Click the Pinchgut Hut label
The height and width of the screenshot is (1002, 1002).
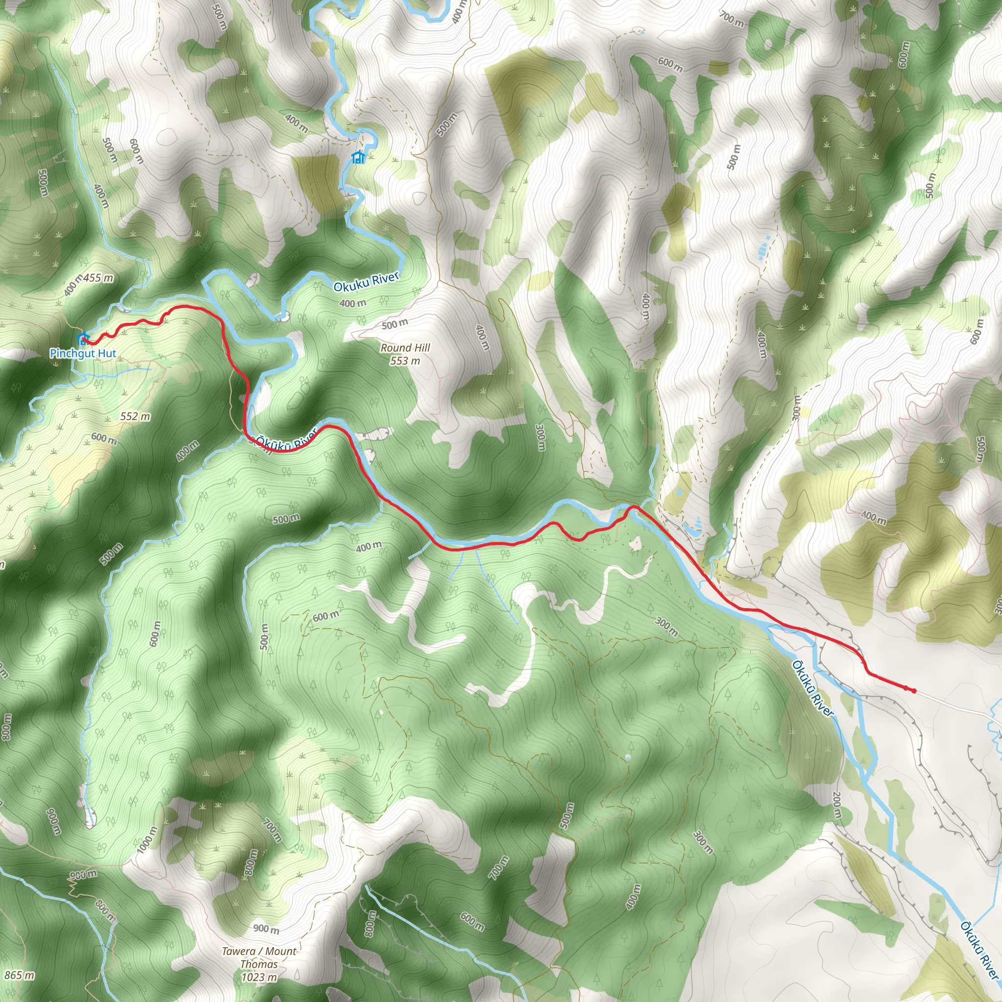click(83, 354)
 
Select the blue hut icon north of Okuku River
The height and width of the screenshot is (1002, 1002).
click(358, 157)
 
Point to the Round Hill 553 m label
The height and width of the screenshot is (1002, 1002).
click(405, 354)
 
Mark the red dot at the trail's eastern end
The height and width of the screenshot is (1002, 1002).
click(913, 690)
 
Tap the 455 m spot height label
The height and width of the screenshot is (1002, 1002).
click(98, 278)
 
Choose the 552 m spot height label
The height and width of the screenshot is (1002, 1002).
click(135, 416)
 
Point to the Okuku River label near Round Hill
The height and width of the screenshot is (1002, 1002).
click(366, 283)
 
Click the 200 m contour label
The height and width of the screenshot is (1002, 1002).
click(837, 805)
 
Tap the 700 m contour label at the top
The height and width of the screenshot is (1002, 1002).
click(731, 19)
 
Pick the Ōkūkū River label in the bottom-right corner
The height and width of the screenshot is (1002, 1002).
click(979, 951)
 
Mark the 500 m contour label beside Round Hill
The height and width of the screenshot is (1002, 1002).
click(395, 324)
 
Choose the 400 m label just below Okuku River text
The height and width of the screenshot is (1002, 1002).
click(353, 303)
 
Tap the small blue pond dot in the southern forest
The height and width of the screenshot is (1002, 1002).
click(628, 758)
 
